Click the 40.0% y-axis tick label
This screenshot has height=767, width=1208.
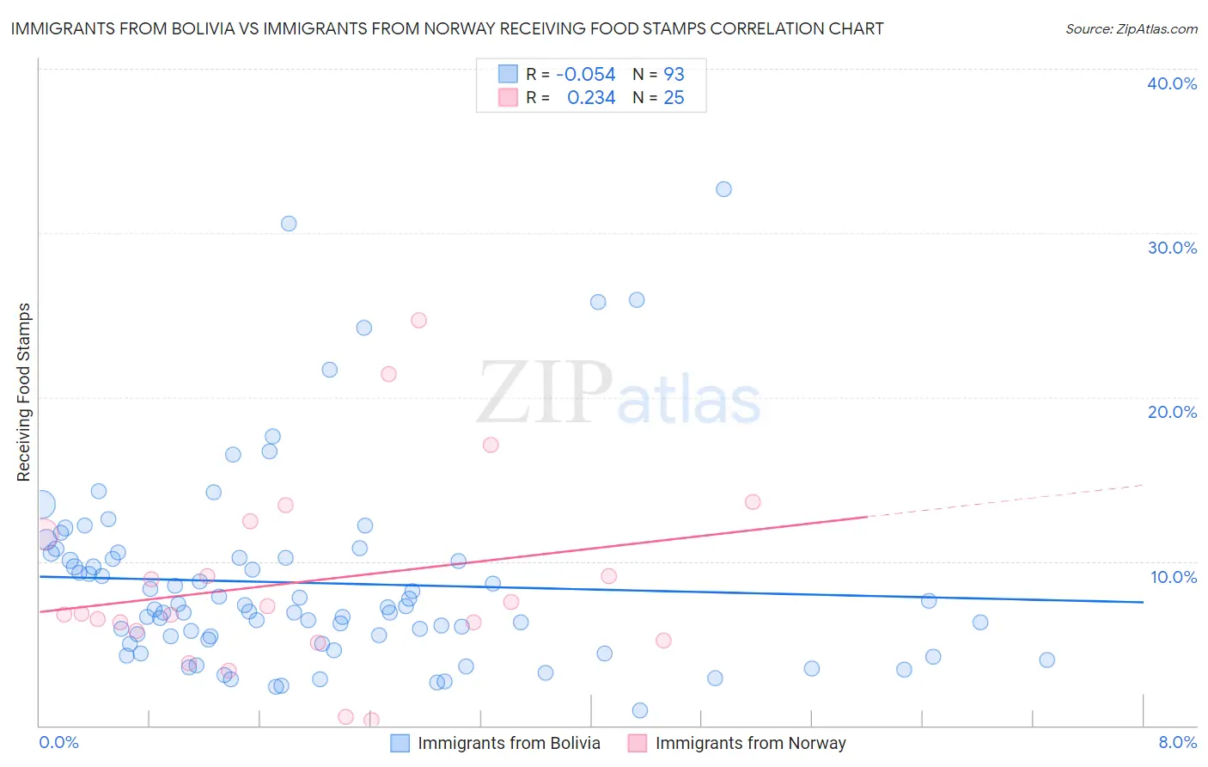(1172, 83)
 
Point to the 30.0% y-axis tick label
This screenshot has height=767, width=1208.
(1172, 248)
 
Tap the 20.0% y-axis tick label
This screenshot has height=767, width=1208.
(1172, 412)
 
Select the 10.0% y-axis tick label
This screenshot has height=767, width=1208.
(1174, 577)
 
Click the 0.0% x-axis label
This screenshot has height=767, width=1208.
(58, 742)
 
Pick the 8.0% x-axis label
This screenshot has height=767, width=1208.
(1177, 742)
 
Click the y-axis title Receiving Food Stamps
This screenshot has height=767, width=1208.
(24, 392)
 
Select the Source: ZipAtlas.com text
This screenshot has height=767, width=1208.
(1131, 28)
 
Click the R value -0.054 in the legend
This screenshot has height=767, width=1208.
(585, 75)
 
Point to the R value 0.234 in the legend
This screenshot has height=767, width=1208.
(591, 98)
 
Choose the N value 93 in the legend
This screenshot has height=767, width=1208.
(674, 75)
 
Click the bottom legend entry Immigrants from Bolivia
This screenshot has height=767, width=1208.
(509, 743)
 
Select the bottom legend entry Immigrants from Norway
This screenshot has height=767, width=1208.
(750, 743)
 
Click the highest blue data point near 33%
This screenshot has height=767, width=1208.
(723, 189)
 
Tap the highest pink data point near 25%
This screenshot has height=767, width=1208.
(418, 320)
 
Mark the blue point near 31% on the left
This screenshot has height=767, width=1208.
(289, 224)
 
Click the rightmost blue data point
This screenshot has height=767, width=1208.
(1046, 660)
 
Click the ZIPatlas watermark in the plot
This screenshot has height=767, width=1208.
(619, 394)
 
